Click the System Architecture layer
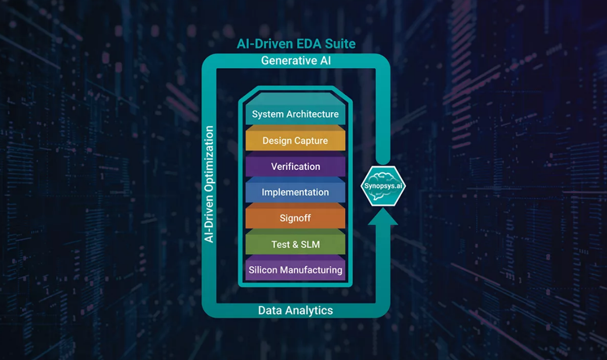pyautogui.click(x=295, y=113)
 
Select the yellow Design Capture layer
pyautogui.click(x=295, y=141)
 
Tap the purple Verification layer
pyautogui.click(x=295, y=166)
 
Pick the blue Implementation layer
pyautogui.click(x=295, y=192)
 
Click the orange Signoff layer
pyautogui.click(x=295, y=218)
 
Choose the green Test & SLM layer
pyautogui.click(x=295, y=244)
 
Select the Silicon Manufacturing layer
pyautogui.click(x=295, y=270)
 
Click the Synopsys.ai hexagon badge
pyautogui.click(x=383, y=186)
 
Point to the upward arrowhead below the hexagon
pyautogui.click(x=383, y=216)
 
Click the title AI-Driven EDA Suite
pyautogui.click(x=296, y=44)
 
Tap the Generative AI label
pyautogui.click(x=296, y=60)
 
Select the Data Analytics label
pyautogui.click(x=295, y=311)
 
